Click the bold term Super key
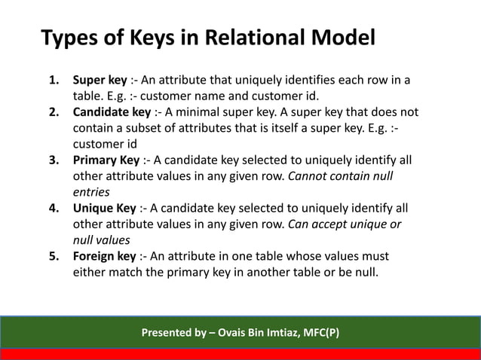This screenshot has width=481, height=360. coord(100,80)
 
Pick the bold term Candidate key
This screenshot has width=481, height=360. coord(112,112)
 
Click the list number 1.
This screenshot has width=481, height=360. coord(54,80)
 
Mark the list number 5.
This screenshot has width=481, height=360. coord(54,256)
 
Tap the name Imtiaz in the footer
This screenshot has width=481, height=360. coord(283,332)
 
